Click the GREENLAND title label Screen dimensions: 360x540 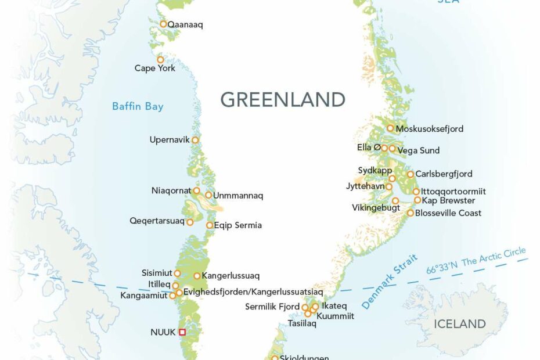pyautogui.click(x=283, y=99)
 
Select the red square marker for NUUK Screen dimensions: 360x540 pyautogui.click(x=182, y=332)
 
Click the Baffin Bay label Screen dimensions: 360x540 pyautogui.click(x=138, y=106)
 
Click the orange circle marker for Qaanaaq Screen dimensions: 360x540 pyautogui.click(x=164, y=24)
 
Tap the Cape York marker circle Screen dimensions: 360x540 pyautogui.click(x=160, y=60)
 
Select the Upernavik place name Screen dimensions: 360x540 pyautogui.click(x=170, y=140)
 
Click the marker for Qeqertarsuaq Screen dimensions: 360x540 pyautogui.click(x=190, y=222)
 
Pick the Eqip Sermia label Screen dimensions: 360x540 pyautogui.click(x=237, y=225)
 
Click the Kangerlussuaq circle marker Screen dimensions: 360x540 pyautogui.click(x=197, y=276)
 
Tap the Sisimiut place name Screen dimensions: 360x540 pyautogui.click(x=157, y=273)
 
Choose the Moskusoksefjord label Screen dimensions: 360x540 pyautogui.click(x=429, y=129)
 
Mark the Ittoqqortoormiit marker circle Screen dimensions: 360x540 pyautogui.click(x=416, y=192)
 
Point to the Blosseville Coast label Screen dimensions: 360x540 pyautogui.click(x=448, y=213)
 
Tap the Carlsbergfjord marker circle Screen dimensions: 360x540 pyautogui.click(x=411, y=174)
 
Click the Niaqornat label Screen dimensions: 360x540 pyautogui.click(x=171, y=190)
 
